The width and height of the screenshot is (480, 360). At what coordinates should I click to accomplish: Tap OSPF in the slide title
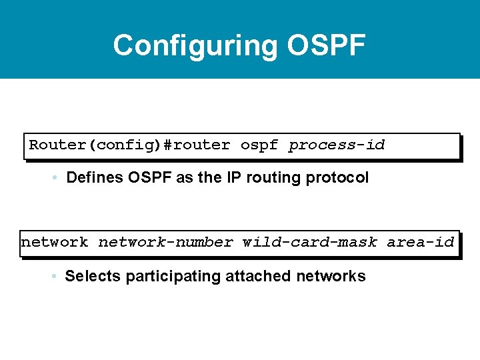pyautogui.click(x=327, y=45)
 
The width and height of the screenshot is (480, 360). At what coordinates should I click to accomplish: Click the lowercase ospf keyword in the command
pyautogui.click(x=259, y=145)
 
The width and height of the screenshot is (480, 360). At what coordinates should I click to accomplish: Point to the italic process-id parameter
pyautogui.click(x=337, y=145)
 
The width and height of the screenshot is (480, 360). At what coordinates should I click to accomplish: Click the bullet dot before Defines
pyautogui.click(x=53, y=178)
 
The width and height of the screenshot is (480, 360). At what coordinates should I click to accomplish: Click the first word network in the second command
pyautogui.click(x=55, y=242)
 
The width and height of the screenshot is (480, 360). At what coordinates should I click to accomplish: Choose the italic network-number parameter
pyautogui.click(x=166, y=242)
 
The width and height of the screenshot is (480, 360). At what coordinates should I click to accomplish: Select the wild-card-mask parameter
pyautogui.click(x=310, y=242)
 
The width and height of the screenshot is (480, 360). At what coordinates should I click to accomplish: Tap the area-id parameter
pyautogui.click(x=421, y=242)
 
